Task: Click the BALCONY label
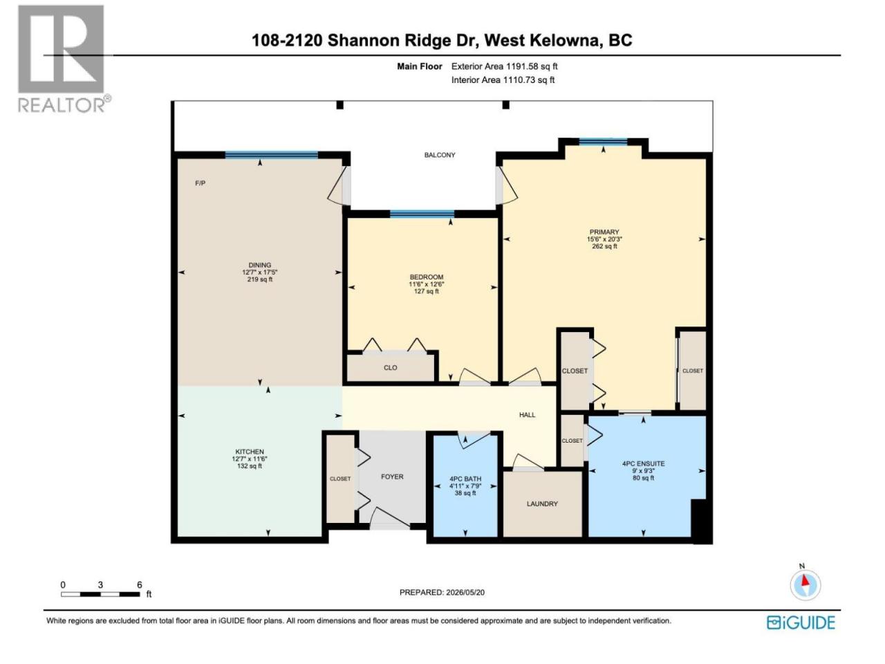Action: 440,155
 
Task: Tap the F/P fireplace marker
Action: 200,183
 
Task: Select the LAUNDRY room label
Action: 542,504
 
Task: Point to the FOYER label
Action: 392,477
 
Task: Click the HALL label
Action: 527,414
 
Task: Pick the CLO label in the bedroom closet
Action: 390,368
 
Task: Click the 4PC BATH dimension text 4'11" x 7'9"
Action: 465,486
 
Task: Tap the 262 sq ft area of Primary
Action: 604,246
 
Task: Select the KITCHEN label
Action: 250,452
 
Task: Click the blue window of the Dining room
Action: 271,155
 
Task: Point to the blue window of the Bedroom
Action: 422,214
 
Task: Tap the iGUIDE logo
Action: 801,622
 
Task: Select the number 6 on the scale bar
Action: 140,584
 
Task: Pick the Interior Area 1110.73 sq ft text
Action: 503,80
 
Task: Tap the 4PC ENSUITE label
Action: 643,463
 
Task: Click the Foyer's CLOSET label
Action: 340,479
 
